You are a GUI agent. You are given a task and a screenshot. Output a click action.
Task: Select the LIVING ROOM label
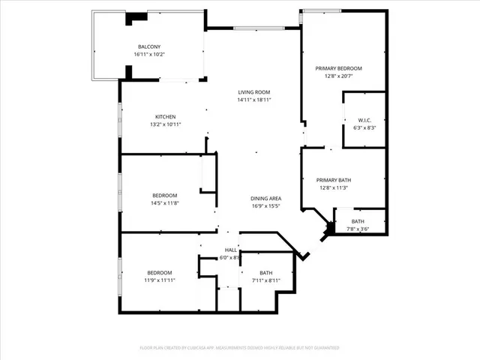click(x=253, y=91)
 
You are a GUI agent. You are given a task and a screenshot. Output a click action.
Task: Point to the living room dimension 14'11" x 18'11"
click(x=253, y=100)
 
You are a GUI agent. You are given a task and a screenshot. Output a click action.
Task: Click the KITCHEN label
click(x=166, y=116)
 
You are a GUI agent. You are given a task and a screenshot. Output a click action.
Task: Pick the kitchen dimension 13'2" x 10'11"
click(x=166, y=124)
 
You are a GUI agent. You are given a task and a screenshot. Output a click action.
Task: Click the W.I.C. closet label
click(x=364, y=120)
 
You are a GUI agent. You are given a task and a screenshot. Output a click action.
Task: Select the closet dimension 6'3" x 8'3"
click(x=364, y=128)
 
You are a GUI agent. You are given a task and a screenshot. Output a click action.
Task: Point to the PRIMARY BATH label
click(x=334, y=180)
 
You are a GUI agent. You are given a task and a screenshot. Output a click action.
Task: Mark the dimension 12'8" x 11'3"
click(x=334, y=188)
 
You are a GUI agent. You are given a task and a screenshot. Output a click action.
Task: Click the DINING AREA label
click(x=265, y=197)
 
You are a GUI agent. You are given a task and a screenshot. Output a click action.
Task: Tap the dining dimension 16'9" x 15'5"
click(x=265, y=205)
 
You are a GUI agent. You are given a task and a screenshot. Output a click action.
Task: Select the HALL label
click(x=231, y=250)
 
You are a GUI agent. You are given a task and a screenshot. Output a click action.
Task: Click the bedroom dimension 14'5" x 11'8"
click(x=166, y=203)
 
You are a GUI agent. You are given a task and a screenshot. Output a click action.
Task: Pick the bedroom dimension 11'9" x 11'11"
click(x=160, y=280)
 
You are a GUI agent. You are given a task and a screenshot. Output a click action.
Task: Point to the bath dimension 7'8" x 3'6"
click(x=358, y=229)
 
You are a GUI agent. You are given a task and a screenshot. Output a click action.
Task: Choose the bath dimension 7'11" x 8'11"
click(x=266, y=280)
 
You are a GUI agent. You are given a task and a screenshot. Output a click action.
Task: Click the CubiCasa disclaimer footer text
click(x=240, y=348)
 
